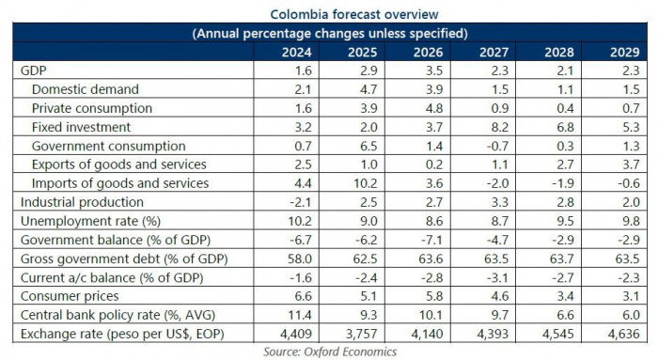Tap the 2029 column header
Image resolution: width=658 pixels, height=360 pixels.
coord(627,53)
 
